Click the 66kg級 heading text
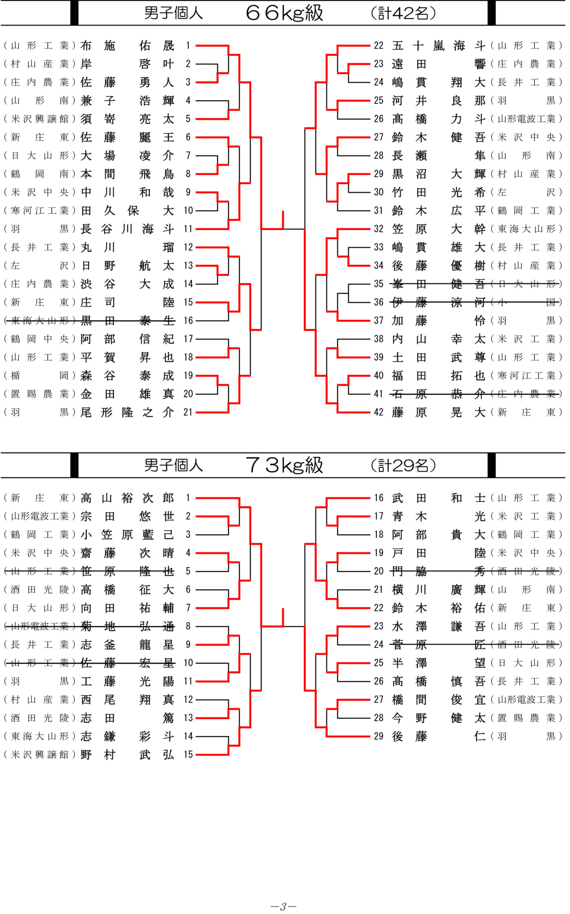point(284,12)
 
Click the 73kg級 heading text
point(284,465)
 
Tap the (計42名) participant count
point(403,13)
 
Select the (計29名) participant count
point(403,465)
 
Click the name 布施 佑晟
point(127,46)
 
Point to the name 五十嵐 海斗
point(438,46)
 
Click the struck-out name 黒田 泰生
point(127,320)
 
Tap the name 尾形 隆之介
point(127,412)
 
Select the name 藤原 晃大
point(438,412)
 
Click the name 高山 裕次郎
point(127,498)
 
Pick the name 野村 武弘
point(127,755)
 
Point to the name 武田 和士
point(438,498)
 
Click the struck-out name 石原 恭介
point(438,394)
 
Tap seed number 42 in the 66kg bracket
point(379,412)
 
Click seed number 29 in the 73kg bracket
point(379,736)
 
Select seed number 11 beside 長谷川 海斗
point(188,229)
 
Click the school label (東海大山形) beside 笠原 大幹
point(526,229)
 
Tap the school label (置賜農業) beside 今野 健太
point(526,718)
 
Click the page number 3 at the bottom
point(283,906)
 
